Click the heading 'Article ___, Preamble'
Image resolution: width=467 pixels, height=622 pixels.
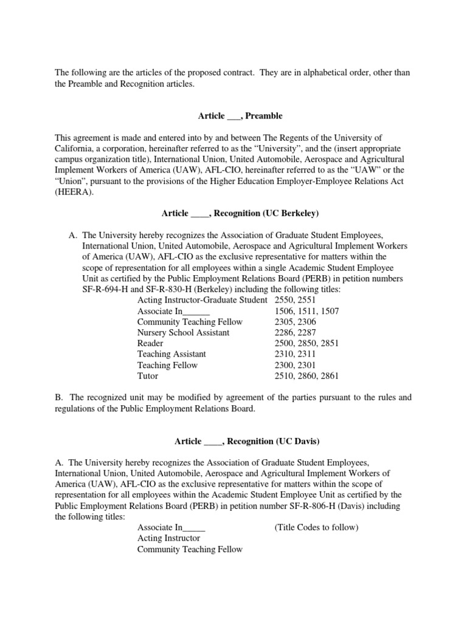[240, 115]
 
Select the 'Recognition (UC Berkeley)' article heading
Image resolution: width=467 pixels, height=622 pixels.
[240, 213]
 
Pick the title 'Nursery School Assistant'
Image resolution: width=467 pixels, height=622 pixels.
[183, 333]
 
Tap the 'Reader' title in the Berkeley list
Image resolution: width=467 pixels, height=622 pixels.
[150, 344]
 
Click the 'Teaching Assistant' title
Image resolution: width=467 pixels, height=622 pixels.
[171, 354]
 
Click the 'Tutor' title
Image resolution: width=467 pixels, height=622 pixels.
[148, 376]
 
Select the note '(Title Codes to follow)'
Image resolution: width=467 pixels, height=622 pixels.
[317, 527]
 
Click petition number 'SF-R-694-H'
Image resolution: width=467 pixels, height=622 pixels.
[106, 290]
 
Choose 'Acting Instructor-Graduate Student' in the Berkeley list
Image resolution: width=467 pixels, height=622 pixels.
[202, 300]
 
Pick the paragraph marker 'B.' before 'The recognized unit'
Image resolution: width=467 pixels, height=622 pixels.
[60, 398]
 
